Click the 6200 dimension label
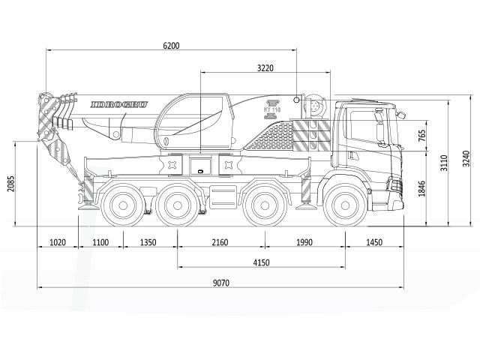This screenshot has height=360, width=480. [171, 46]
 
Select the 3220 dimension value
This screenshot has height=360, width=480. [265, 68]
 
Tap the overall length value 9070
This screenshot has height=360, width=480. [221, 283]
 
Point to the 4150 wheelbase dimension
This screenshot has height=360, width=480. [262, 262]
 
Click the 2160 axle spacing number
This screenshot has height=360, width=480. [220, 242]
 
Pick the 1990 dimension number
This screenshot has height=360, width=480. [304, 242]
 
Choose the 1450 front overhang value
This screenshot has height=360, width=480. [374, 242]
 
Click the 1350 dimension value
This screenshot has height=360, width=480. [148, 242]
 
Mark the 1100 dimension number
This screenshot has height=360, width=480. [100, 242]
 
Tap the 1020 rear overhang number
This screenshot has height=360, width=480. [58, 242]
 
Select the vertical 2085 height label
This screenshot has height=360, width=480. [11, 184]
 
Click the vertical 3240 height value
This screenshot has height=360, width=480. [466, 158]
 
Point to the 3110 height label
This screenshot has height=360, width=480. [444, 163]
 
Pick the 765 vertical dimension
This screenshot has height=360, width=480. [421, 136]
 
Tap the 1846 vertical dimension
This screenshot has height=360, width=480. [421, 188]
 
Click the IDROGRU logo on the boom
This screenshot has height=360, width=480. [119, 105]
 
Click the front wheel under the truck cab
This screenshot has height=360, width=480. [345, 205]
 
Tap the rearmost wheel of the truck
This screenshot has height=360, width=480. [123, 205]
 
